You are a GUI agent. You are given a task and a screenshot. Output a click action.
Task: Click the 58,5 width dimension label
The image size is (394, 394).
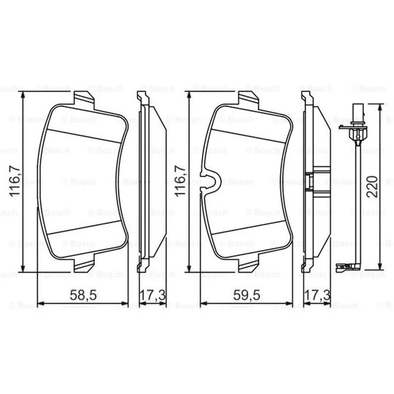pos(83,295)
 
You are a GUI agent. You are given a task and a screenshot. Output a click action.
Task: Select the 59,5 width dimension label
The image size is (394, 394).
pos(247,295)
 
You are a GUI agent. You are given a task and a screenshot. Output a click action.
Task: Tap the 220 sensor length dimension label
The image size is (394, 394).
pos(372,187)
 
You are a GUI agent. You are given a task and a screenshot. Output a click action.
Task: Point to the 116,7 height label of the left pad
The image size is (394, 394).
pos(15,181)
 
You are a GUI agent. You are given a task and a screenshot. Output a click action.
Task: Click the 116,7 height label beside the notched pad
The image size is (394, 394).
pos(180,181)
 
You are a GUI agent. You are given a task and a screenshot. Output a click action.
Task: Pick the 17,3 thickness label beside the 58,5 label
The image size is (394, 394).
pos(152,295)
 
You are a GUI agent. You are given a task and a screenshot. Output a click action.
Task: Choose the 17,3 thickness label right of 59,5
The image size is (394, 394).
pos(317,295)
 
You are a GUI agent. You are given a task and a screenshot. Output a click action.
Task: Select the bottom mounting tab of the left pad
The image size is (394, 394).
pos(84,263)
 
